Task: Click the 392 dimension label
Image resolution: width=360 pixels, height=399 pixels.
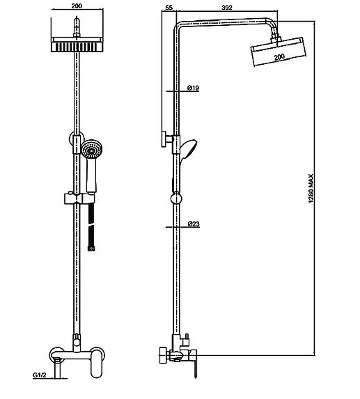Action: tap(227, 8)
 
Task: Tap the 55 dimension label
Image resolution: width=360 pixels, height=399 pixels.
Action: tap(169, 8)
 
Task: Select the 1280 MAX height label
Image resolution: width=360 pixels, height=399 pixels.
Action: tap(311, 188)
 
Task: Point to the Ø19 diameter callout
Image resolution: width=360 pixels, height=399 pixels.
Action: tap(194, 88)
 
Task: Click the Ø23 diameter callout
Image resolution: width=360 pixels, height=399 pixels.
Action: tap(194, 224)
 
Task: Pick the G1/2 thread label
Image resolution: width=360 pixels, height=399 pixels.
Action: tap(40, 375)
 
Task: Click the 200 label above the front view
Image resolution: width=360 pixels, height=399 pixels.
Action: tap(77, 6)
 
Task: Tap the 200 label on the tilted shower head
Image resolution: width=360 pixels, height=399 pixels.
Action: tap(279, 57)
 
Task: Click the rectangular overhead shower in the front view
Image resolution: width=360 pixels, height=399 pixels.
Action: tap(77, 45)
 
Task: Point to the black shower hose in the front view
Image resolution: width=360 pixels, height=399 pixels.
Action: tap(91, 224)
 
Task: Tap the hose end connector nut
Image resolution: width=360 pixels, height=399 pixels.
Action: tap(91, 249)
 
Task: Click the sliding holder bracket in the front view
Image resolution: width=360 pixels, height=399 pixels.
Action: tap(79, 198)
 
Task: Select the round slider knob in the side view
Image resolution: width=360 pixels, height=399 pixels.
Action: tap(177, 198)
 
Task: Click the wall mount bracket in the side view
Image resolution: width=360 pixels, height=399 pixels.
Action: tap(166, 139)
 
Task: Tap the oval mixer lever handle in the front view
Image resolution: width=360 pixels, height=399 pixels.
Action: tap(97, 362)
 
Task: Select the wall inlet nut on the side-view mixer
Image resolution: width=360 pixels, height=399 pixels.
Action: tap(163, 355)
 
